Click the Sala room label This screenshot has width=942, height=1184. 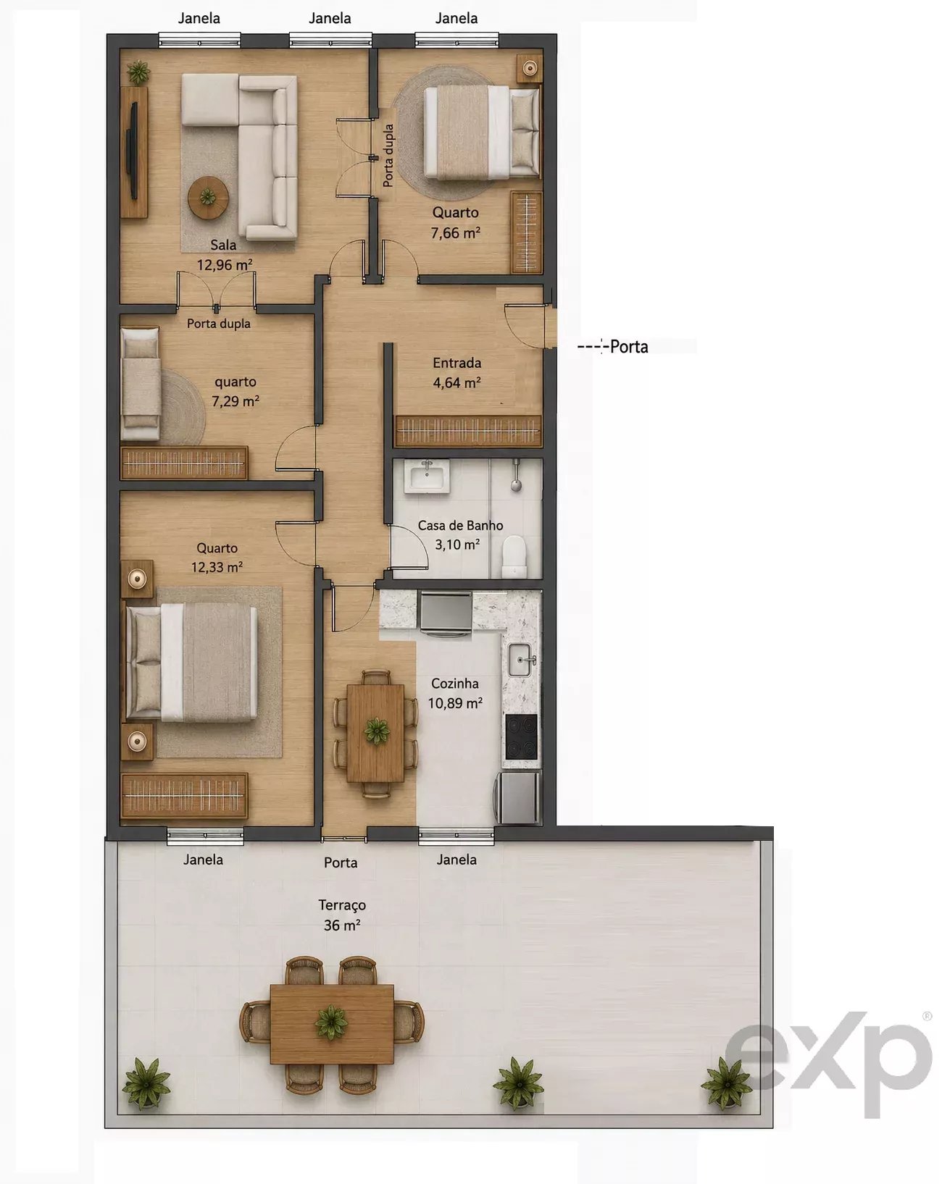(223, 245)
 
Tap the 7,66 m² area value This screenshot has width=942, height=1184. (455, 232)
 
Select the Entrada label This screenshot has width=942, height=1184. (457, 363)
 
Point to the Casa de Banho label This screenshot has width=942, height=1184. (460, 526)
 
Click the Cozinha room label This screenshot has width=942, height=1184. (455, 684)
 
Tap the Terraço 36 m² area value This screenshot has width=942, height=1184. (342, 925)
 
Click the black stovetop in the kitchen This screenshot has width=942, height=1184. (521, 737)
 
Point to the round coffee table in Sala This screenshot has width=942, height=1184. (208, 198)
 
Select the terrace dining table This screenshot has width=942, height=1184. (331, 1024)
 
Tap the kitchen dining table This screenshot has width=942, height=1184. (375, 732)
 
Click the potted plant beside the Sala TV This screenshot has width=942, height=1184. (138, 72)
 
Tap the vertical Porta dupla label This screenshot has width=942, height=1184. (388, 156)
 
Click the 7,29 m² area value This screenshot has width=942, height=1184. (236, 401)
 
